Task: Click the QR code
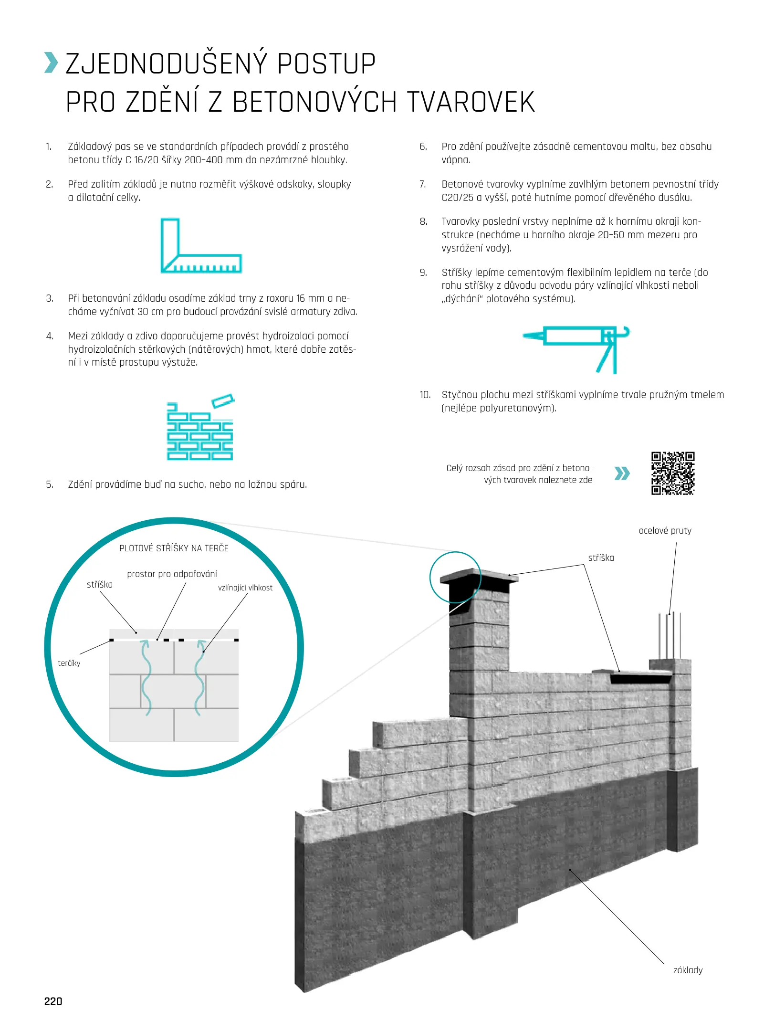pos(672,473)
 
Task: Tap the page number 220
pos(53,1001)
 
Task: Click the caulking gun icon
pos(576,348)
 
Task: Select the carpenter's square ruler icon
pos(200,245)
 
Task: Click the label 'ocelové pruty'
pos(665,530)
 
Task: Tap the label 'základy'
pos(688,970)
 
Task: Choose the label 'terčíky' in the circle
pos(69,663)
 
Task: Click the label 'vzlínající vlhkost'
pos(245,588)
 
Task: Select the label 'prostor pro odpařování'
pos(172,574)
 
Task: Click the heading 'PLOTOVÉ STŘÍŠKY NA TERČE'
pos(174,548)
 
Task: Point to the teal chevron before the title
pos(51,63)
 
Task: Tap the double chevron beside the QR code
pos(622,473)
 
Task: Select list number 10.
pos(425,395)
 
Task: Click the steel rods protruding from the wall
pos(670,635)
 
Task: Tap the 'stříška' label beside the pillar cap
pos(601,558)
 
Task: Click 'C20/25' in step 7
pos(457,198)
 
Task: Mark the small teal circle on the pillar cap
pos(455,578)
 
